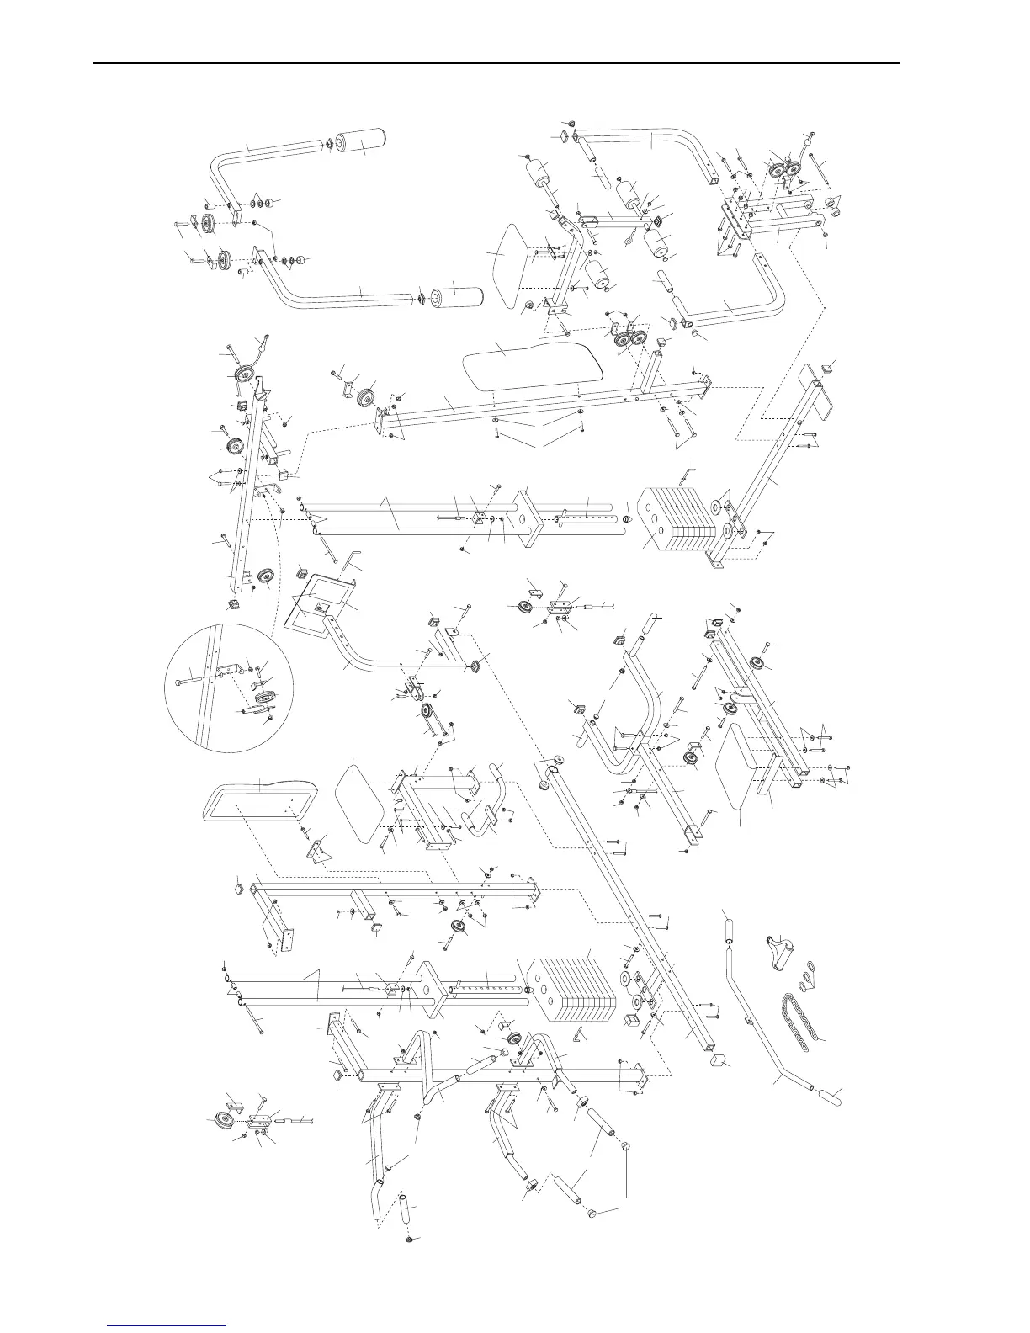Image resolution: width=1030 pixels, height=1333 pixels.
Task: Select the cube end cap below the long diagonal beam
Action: pos(718,1059)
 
